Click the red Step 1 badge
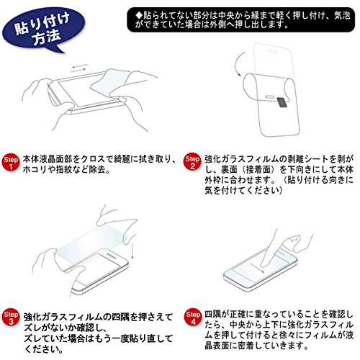pyautogui.click(x=11, y=162)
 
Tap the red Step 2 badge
pyautogui.click(x=192, y=161)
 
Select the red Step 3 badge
pyautogui.click(x=11, y=318)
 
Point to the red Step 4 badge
pyautogui.click(x=193, y=317)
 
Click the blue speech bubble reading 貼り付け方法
pyautogui.click(x=43, y=30)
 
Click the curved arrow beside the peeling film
pyautogui.click(x=238, y=64)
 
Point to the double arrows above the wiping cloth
pyautogui.click(x=79, y=68)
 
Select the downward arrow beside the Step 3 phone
pyautogui.click(x=132, y=251)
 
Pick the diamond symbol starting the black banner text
pyautogui.click(x=139, y=16)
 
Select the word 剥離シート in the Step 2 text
pyautogui.click(x=309, y=159)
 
